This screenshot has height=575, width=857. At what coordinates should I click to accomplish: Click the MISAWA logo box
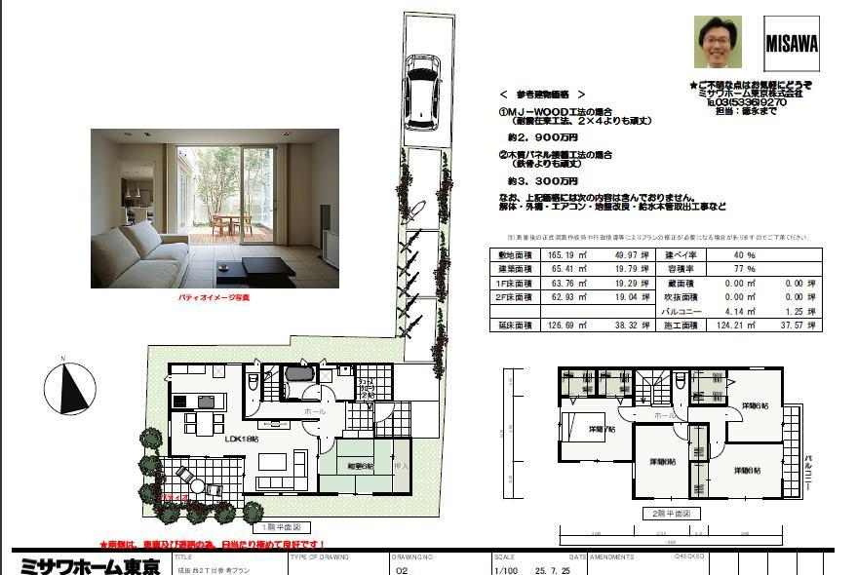[791, 45]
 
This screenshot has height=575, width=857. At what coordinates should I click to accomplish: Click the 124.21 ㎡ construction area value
[738, 325]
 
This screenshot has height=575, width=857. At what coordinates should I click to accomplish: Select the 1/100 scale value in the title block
[507, 569]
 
